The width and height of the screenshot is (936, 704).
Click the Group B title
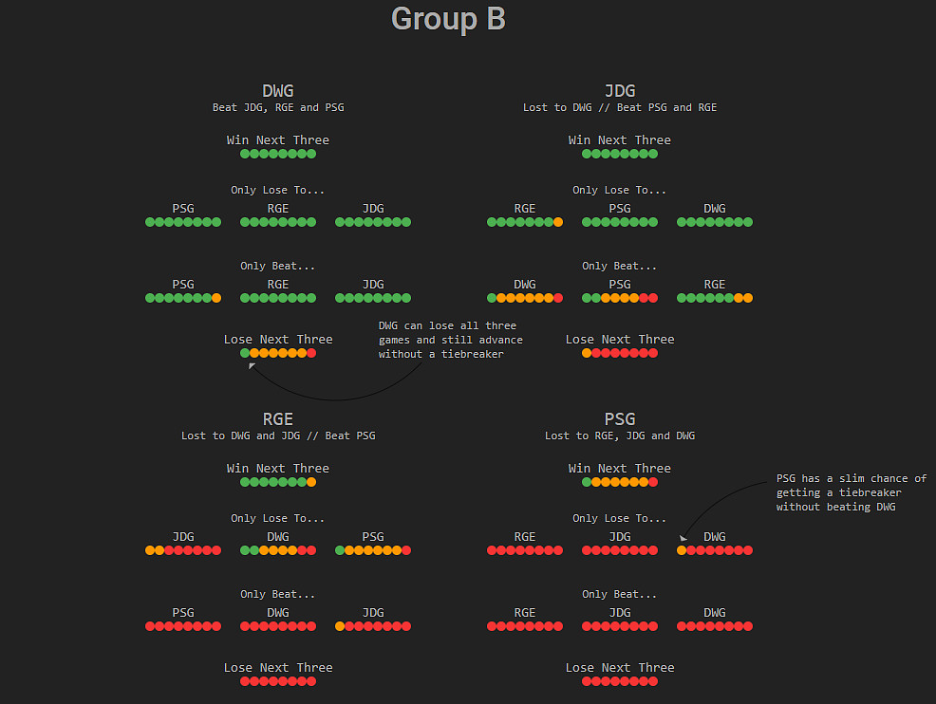[448, 19]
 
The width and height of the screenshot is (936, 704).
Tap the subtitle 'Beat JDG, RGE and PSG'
[278, 108]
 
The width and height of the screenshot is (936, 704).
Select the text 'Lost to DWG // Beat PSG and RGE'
[620, 108]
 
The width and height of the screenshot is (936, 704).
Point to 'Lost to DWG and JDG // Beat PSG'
[278, 436]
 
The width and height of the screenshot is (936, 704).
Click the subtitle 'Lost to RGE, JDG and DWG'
[620, 436]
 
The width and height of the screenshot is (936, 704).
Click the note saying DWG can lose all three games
[450, 340]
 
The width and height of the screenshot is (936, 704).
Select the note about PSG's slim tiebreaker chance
[851, 492]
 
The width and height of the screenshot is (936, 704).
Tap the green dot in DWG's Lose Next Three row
[245, 353]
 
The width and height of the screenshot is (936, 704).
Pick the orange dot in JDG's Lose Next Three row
[587, 353]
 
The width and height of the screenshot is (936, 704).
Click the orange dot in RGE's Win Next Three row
[311, 482]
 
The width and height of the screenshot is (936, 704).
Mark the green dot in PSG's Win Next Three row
[587, 482]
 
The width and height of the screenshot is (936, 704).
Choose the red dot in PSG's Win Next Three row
[653, 482]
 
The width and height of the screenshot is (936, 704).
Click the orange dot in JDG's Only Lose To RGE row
[558, 222]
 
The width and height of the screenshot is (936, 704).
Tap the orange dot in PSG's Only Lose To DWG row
[682, 550]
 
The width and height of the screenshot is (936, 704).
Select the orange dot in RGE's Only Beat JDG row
[340, 626]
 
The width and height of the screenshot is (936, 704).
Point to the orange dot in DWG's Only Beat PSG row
[216, 298]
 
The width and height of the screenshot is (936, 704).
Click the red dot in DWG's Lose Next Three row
[311, 353]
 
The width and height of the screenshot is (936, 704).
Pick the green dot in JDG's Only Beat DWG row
[492, 298]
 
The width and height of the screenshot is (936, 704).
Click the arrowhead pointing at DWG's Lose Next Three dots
[252, 366]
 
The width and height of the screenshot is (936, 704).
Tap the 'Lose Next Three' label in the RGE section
[278, 668]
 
